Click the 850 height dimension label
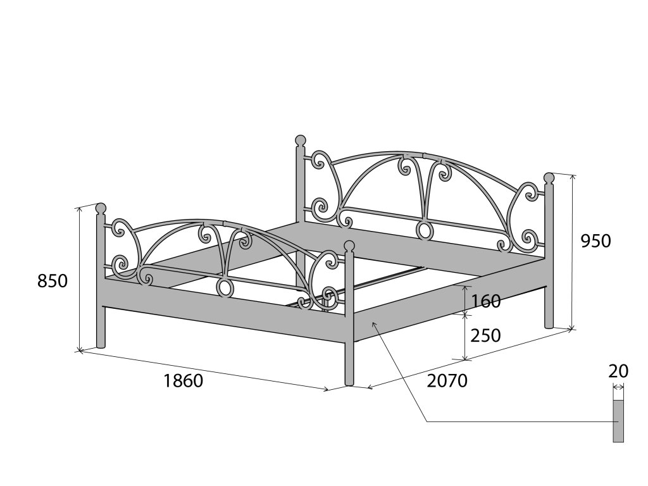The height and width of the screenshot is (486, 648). pos(53,281)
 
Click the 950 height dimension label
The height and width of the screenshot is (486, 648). pos(596,241)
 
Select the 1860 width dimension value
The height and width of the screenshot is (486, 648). pos(183,381)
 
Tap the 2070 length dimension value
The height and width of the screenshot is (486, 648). pos(447,380)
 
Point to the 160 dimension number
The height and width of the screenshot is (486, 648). pos(486,301)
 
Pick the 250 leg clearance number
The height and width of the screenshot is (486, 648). pos(486,335)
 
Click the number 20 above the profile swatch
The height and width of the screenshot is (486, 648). pos(618,371)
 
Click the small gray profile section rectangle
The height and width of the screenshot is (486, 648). pos(618,421)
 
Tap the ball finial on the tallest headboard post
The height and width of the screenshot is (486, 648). pos(300,140)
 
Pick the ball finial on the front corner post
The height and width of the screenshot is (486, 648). pos(349,245)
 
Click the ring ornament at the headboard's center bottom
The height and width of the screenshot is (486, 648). pos(423,230)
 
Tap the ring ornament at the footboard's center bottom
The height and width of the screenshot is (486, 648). pos(224,288)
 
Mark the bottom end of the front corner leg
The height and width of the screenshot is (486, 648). pos(349,382)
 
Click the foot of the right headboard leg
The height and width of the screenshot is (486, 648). pos(549,326)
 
